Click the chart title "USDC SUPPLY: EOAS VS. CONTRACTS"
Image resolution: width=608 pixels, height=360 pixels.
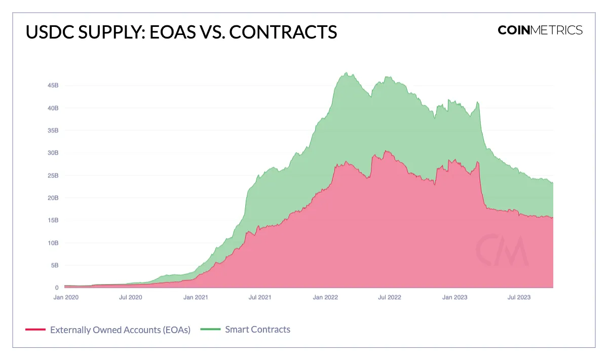tap(181, 32)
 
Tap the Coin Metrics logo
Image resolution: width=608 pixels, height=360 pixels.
tap(540, 30)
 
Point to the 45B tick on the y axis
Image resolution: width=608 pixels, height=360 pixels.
tap(52, 86)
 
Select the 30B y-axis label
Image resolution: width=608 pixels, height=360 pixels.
tap(52, 153)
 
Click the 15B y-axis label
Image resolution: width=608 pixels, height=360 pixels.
tap(52, 221)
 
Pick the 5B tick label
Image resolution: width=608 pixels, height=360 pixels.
tap(54, 265)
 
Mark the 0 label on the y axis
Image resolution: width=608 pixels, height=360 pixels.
tap(57, 287)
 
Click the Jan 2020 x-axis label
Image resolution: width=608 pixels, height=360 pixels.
tap(66, 297)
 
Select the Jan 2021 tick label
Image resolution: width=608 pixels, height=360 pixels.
tap(195, 297)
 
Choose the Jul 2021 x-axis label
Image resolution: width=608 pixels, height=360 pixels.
tap(260, 297)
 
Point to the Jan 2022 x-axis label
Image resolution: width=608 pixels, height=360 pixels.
tap(325, 297)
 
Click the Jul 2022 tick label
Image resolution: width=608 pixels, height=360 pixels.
tap(389, 297)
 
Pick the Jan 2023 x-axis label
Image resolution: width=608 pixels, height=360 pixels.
tap(454, 297)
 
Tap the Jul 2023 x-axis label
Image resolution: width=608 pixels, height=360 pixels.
tap(519, 297)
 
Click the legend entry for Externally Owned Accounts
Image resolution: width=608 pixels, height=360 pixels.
tap(120, 330)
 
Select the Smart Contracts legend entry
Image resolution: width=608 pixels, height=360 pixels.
tap(257, 330)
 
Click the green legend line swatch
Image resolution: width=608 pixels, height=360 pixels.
tap(210, 330)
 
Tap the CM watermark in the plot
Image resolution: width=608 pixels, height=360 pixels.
tap(502, 249)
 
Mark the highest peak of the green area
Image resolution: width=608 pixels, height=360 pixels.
tap(346, 73)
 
